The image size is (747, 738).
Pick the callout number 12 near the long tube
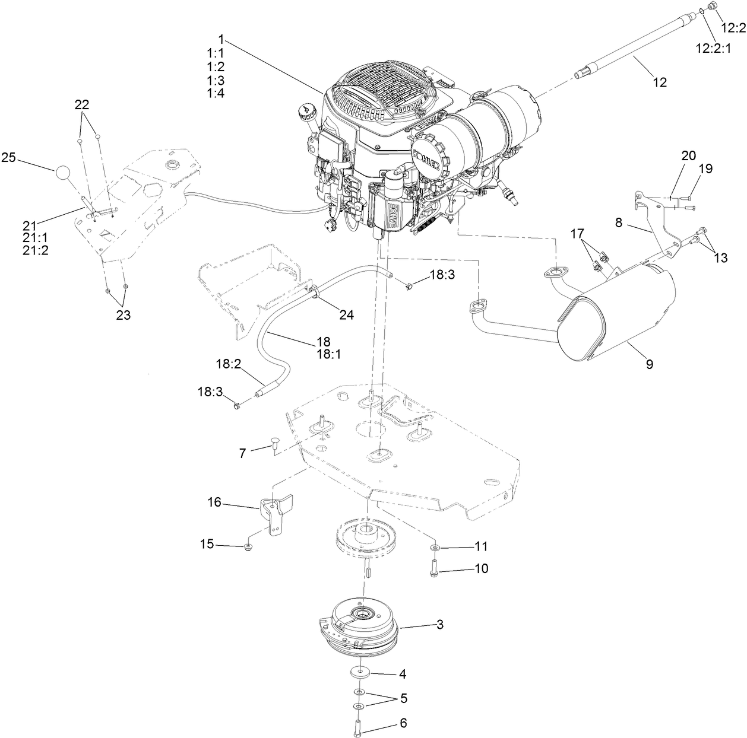tap(659, 82)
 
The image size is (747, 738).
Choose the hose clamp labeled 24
tap(314, 291)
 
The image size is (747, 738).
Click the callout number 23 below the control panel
tap(123, 315)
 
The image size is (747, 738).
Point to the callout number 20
tap(688, 155)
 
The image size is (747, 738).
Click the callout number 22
tap(82, 104)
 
